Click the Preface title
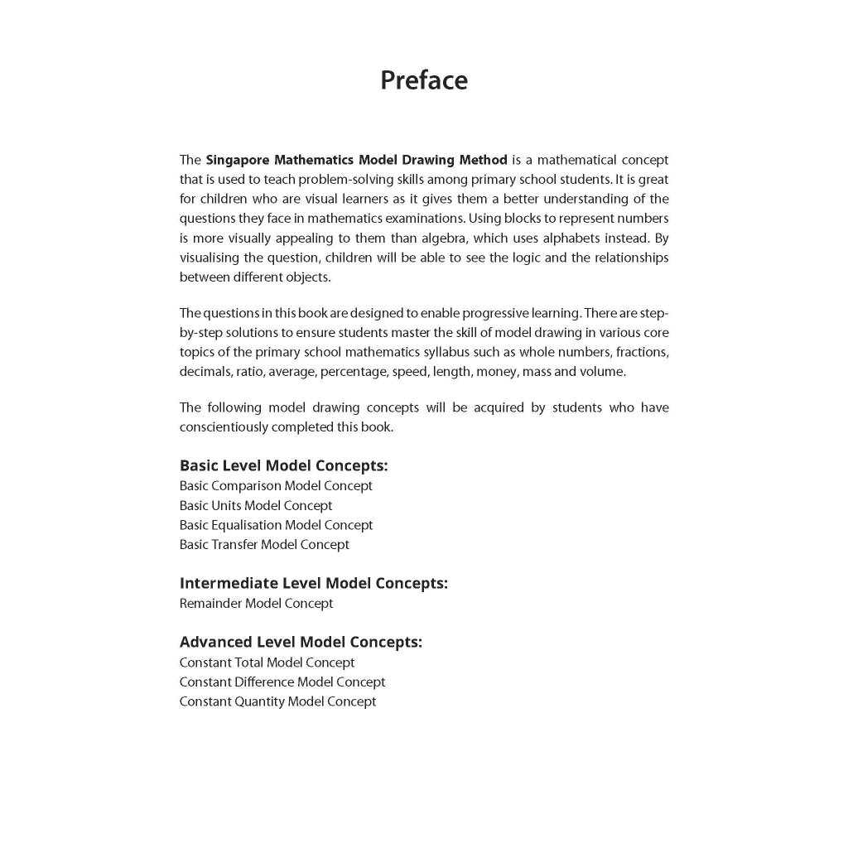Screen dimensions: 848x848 click(x=423, y=80)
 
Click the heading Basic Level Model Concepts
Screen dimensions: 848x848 click(x=283, y=465)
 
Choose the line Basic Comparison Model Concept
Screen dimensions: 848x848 click(x=276, y=486)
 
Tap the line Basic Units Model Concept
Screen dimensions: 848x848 click(x=256, y=506)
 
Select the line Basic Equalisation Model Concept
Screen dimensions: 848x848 click(x=276, y=525)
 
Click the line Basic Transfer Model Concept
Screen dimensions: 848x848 click(x=264, y=545)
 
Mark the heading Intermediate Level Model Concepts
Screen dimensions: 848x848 click(x=313, y=583)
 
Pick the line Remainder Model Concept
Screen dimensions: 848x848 click(x=256, y=604)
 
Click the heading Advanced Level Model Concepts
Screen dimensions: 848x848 click(x=301, y=642)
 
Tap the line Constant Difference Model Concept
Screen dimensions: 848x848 click(x=282, y=682)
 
